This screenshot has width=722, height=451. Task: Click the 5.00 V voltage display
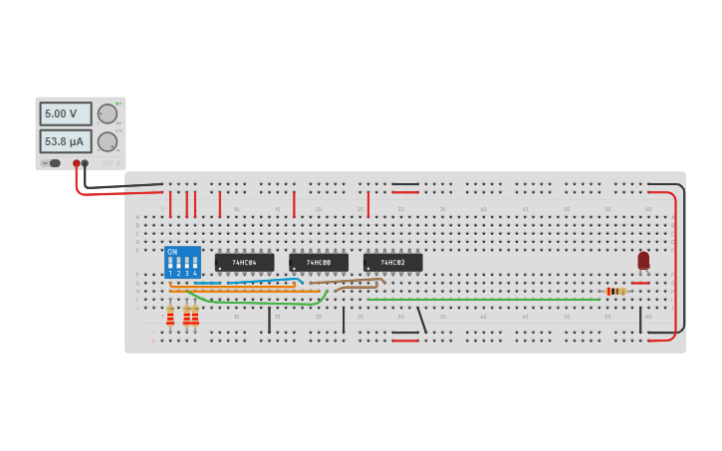coord(65,113)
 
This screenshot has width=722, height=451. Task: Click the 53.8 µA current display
coord(65,141)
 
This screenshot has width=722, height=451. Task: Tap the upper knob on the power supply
coord(108,113)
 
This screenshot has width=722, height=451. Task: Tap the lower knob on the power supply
coord(108,141)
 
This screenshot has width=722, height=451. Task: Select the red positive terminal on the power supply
coord(76,163)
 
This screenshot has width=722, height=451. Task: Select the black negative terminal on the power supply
coord(85,163)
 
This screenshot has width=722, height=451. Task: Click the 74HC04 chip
coord(244,263)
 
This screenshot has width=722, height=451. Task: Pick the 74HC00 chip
coord(319,263)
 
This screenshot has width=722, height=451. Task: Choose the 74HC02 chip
coord(392,263)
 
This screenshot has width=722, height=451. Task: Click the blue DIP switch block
coord(182,263)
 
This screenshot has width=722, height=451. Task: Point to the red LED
coord(643,260)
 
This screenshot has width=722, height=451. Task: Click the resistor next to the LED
coord(616,291)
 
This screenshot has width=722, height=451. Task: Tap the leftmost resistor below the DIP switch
coord(170,316)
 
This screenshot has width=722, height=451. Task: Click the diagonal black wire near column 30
coord(421,320)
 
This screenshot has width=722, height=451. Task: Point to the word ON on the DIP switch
coord(172,252)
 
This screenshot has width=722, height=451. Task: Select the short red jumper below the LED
coord(639,283)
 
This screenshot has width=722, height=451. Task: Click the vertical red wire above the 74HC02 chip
coord(368,204)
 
